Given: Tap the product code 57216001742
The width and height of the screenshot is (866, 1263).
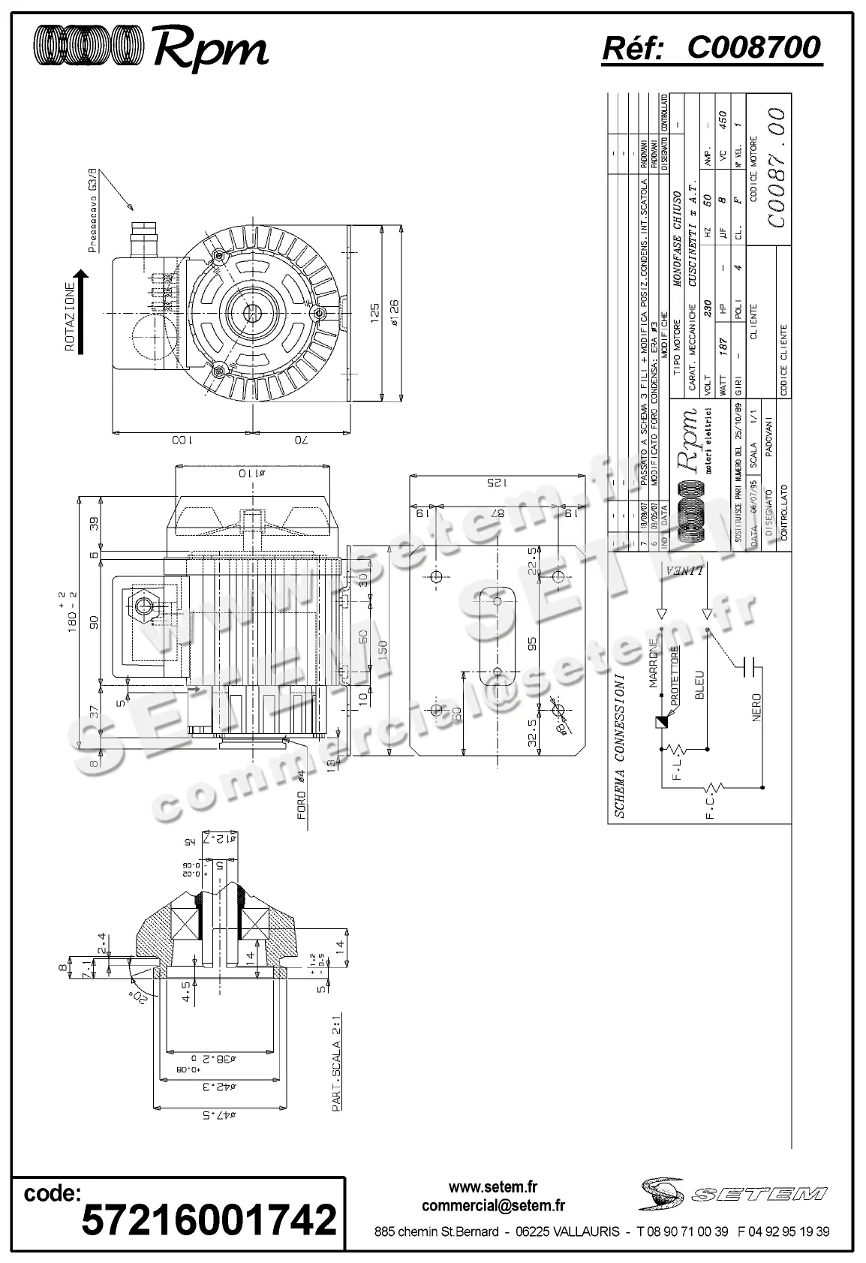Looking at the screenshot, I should click(x=209, y=1219).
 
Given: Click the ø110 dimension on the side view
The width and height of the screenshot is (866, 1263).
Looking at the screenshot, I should click(x=252, y=474).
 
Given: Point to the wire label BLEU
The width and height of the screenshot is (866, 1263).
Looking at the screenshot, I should click(x=699, y=685).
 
